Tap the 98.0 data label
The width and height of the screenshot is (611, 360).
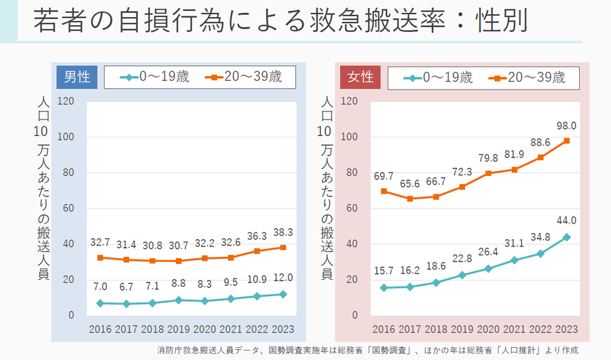tap(566, 126)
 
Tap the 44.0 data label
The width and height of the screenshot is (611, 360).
tap(566, 220)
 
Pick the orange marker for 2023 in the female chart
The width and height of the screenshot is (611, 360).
tap(566, 141)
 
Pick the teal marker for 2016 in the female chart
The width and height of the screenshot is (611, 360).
tap(384, 287)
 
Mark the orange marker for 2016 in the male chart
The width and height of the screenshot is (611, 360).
tap(100, 257)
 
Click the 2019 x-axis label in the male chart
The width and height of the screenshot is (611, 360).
tap(179, 329)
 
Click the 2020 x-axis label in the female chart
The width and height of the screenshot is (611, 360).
tap(488, 329)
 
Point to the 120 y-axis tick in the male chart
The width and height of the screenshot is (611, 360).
tap(66, 101)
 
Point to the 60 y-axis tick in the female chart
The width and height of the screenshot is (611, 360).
tap(351, 209)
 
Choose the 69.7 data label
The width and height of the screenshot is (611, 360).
tap(384, 176)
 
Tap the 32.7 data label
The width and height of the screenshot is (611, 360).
tap(100, 242)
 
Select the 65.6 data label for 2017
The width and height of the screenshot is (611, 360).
tap(410, 183)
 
